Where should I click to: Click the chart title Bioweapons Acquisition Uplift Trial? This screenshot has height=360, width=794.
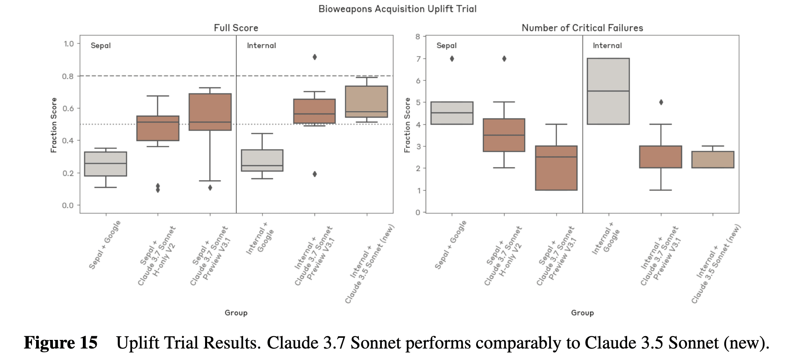click(397, 9)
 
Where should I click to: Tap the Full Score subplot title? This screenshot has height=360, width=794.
click(236, 28)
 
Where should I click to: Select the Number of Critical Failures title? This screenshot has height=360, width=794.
click(582, 28)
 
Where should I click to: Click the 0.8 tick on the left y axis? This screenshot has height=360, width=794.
click(68, 76)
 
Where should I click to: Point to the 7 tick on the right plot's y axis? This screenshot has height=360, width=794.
click(418, 59)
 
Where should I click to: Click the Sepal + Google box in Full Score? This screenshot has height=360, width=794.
click(105, 164)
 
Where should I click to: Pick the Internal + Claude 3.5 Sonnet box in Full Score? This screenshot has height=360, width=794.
click(366, 102)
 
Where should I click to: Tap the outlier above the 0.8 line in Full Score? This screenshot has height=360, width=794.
click(315, 57)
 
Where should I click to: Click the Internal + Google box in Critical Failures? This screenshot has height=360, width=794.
click(608, 91)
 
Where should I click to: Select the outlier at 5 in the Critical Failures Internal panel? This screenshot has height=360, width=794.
click(661, 102)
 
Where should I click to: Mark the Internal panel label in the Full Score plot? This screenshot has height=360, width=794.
click(261, 46)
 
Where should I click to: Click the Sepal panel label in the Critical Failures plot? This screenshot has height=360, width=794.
click(446, 46)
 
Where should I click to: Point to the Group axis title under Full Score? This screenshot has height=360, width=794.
click(236, 313)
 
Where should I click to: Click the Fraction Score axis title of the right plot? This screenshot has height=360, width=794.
click(407, 125)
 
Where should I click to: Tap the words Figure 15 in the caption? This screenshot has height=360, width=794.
click(61, 343)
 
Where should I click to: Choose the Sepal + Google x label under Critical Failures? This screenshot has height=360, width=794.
click(450, 245)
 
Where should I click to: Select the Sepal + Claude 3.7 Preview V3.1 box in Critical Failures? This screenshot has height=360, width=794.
click(556, 168)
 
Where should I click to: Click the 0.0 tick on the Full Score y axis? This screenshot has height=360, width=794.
click(68, 205)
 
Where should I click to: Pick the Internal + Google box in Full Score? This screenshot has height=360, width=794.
click(262, 160)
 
